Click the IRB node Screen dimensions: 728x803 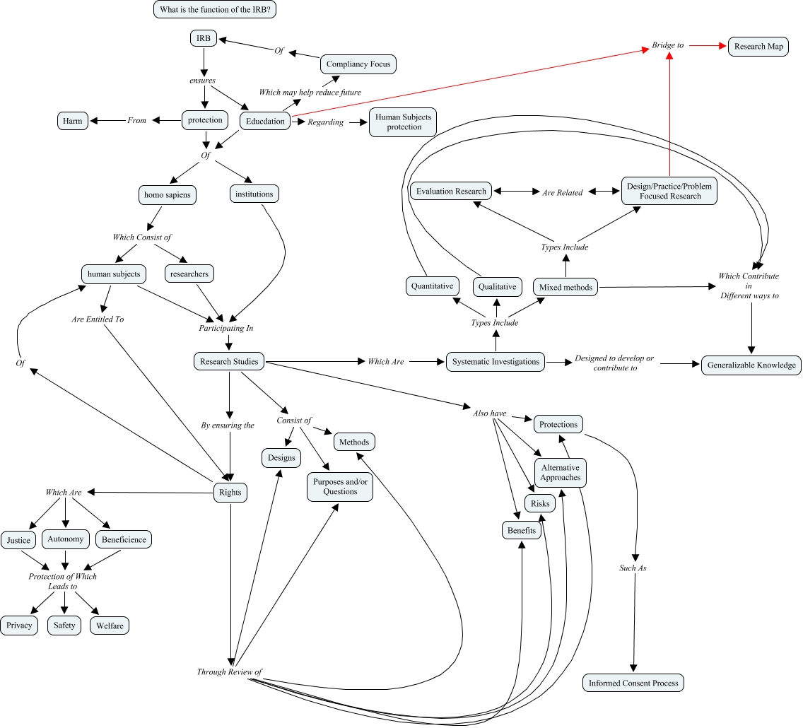tap(203, 38)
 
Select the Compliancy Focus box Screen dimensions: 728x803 tap(358, 64)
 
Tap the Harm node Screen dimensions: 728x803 tap(72, 121)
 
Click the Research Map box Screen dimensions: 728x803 tap(758, 47)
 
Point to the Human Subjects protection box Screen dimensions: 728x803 tap(403, 122)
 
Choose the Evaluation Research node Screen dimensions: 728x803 tap(451, 191)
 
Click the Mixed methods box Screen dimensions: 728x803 tap(565, 287)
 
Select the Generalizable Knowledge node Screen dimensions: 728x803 tap(751, 365)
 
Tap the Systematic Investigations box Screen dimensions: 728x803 tap(496, 361)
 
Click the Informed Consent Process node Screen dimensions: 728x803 tap(633, 683)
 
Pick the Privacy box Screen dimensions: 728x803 tap(19, 626)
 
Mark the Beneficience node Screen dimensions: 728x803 tap(124, 539)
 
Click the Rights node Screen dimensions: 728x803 tap(230, 493)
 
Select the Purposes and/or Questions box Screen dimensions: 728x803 tap(340, 487)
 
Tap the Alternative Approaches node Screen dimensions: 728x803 tap(561, 473)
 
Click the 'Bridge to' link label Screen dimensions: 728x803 tap(667, 45)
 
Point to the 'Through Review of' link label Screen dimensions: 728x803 tap(230, 671)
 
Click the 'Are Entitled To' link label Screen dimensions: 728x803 tap(98, 319)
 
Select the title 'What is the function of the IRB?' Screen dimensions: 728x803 tap(223, 9)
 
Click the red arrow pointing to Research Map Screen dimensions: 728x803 tap(707, 46)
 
